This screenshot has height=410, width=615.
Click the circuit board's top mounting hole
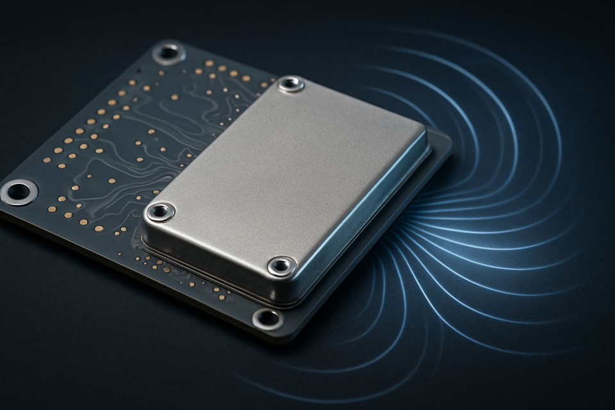[x=169, y=52]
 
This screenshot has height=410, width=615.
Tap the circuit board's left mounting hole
[x=18, y=191]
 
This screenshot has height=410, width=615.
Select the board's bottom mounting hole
[x=268, y=318]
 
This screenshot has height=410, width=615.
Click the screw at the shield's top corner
[x=291, y=83]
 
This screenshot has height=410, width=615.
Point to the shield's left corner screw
[x=160, y=211]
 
